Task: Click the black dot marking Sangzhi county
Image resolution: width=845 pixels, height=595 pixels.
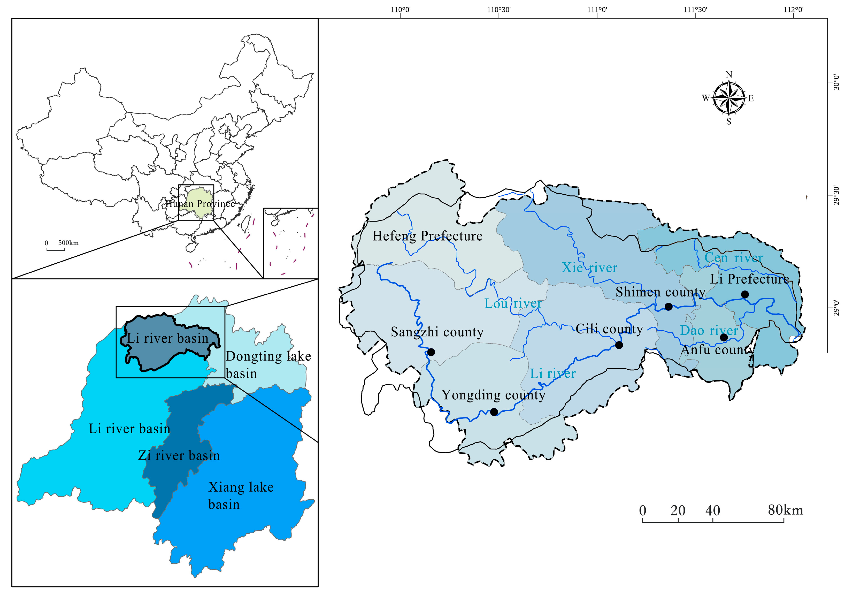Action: tap(431, 352)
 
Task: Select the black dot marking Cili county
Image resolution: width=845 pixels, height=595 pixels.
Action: tap(619, 345)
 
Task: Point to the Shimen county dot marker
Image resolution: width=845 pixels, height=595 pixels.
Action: tap(669, 307)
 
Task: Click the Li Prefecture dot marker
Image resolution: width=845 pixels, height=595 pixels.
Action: tap(745, 294)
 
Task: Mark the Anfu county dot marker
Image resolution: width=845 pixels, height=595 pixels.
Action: tap(724, 337)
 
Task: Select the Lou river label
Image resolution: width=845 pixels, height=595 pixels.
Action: tap(513, 303)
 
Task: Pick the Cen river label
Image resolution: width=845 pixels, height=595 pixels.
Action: tap(733, 258)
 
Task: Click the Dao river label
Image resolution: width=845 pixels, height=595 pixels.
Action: tap(709, 330)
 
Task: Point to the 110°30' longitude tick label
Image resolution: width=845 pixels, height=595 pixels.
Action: tap(499, 10)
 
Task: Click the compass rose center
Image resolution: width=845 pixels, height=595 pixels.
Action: tap(729, 98)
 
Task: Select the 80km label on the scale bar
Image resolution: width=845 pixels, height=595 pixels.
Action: tap(785, 510)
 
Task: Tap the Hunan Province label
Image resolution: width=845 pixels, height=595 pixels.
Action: tap(200, 204)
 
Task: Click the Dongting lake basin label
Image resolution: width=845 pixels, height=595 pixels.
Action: tap(268, 364)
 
